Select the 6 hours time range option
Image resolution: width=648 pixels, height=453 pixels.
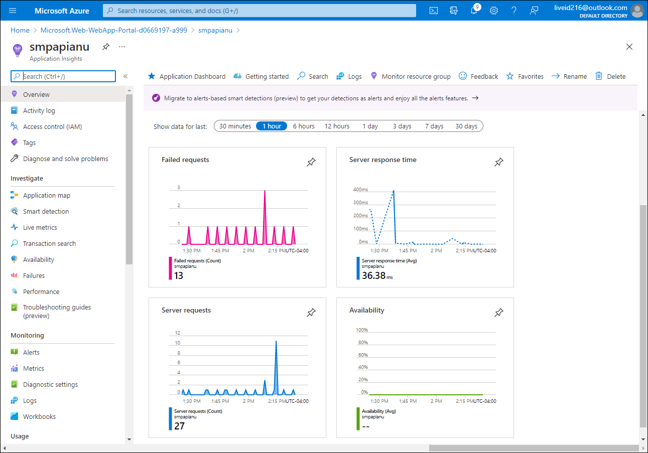pos(304,126)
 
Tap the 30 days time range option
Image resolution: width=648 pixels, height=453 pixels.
pos(466,126)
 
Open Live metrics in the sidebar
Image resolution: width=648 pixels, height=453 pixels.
pos(40,227)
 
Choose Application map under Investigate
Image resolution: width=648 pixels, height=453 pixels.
pos(46,195)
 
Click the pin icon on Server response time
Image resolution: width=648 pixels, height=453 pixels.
pos(498,162)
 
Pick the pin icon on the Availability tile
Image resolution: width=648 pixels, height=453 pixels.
pos(498,313)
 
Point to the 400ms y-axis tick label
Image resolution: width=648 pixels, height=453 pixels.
pos(360,190)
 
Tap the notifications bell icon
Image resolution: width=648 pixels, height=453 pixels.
pos(474,11)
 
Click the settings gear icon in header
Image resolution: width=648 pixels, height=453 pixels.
pos(494,11)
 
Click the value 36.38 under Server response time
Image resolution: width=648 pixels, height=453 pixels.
pos(374,275)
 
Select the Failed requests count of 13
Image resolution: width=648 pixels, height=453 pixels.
pos(179,275)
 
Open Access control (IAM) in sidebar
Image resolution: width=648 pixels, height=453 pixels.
pos(52,126)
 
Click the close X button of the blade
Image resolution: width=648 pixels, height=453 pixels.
pos(629,47)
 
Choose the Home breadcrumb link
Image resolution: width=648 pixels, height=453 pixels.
pos(20,30)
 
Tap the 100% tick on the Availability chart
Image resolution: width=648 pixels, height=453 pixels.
pos(362,330)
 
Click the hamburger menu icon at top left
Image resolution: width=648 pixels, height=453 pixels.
pos(13,11)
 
